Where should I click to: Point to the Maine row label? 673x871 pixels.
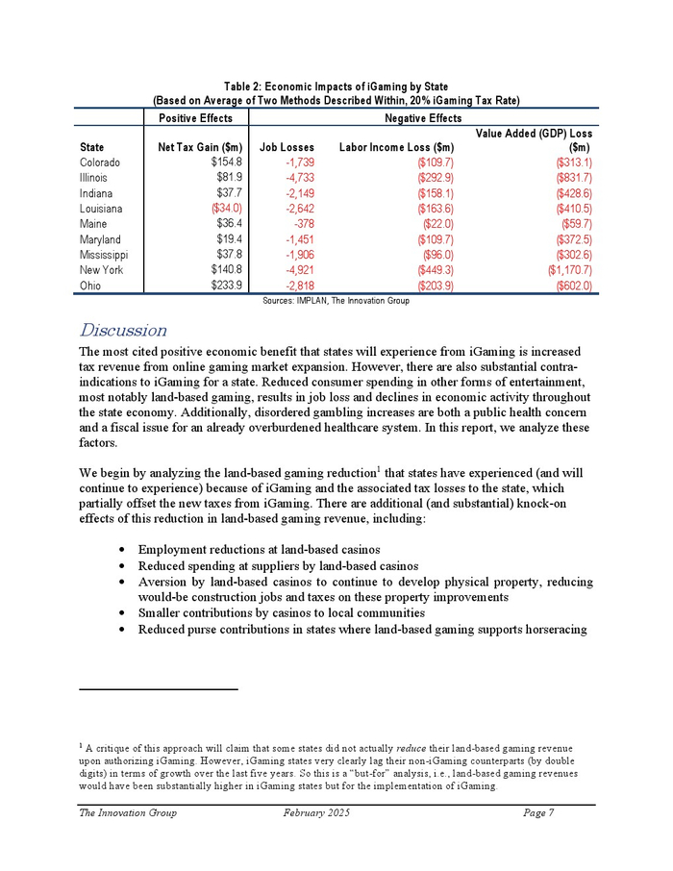point(93,224)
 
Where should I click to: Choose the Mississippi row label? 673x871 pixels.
point(104,255)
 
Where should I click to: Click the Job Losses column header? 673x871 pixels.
point(287,148)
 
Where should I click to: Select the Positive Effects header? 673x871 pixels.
point(195,118)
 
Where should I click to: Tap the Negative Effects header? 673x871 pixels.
point(423,118)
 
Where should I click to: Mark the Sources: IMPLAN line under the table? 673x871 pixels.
point(336,301)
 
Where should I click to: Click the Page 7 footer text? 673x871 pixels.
point(538,813)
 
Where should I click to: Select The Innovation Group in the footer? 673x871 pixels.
point(128,813)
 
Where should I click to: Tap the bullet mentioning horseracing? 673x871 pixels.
point(361,630)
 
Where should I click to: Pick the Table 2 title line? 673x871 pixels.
point(336,87)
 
